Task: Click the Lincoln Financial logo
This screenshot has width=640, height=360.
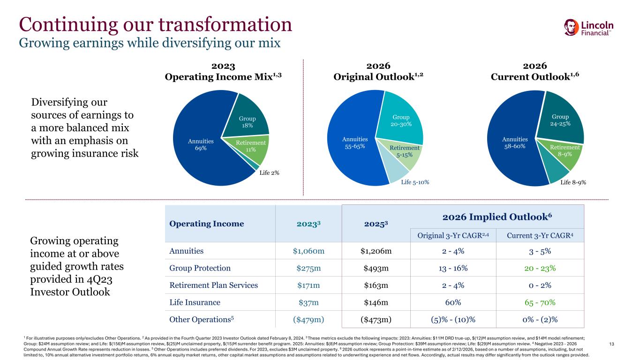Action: [x=589, y=27]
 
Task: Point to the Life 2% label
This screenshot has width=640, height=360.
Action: [x=269, y=173]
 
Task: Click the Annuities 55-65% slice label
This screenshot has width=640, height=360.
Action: [x=355, y=143]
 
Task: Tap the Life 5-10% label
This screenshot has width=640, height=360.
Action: [x=415, y=182]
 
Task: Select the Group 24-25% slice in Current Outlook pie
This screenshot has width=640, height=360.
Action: [x=561, y=120]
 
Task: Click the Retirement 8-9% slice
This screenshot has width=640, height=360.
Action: [x=565, y=150]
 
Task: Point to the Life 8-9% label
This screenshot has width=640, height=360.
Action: [x=573, y=182]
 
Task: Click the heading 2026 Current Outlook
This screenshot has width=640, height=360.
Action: [x=535, y=71]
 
